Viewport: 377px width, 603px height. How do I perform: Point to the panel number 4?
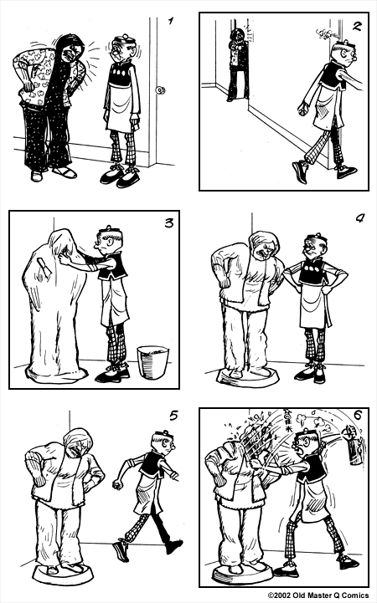click(x=359, y=220)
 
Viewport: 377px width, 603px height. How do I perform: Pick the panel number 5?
click(x=173, y=416)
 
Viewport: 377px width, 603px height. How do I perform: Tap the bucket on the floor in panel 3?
click(x=152, y=363)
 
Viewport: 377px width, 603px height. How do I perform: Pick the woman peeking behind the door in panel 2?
click(x=237, y=63)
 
